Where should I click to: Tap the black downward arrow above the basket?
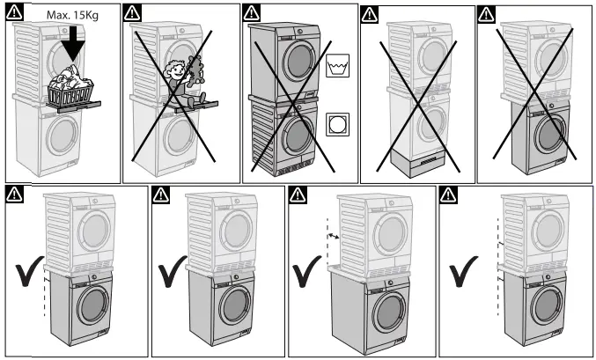pos(70,43)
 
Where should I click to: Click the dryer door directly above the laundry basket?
pos(67,55)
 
